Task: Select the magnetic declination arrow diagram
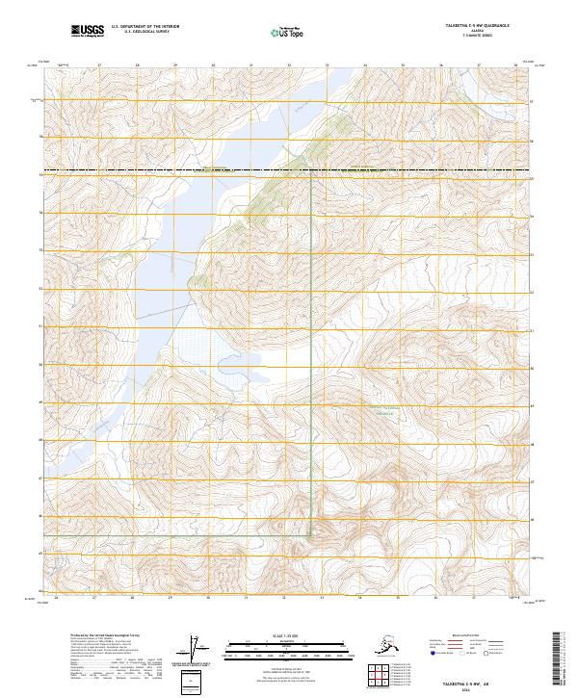click(199, 650)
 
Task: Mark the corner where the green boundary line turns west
click(309, 534)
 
